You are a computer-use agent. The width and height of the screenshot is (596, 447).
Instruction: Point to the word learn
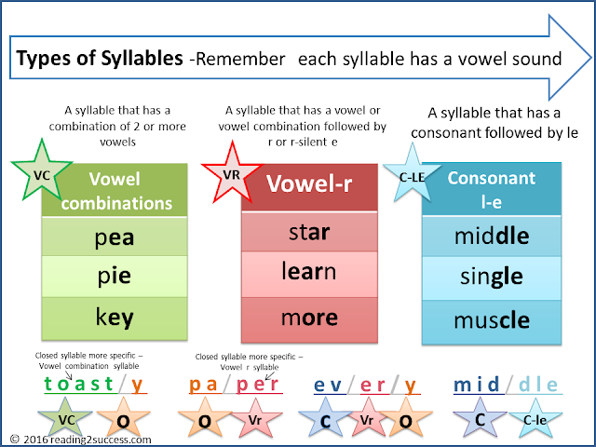coord(307,273)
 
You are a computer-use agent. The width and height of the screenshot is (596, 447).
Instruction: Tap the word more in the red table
coord(307,317)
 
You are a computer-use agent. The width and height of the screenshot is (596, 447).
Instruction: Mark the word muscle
coord(492,320)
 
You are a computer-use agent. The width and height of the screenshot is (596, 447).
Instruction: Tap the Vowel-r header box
coord(307,184)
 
